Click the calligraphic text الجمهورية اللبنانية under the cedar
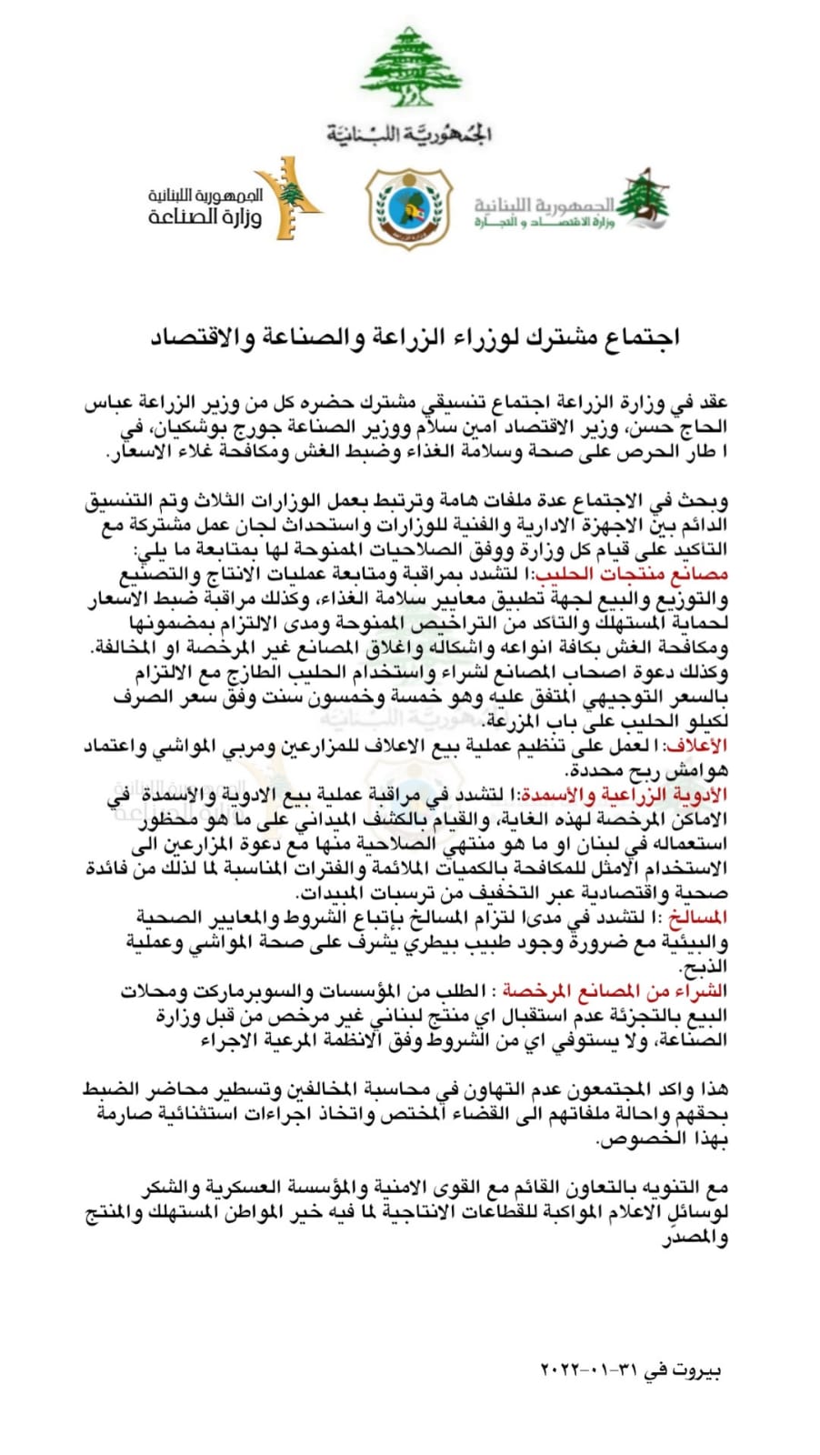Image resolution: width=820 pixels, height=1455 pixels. pyautogui.click(x=410, y=134)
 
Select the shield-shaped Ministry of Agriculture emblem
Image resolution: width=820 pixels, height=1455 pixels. pyautogui.click(x=409, y=207)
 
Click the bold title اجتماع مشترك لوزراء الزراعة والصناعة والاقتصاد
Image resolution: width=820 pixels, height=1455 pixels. pyautogui.click(x=415, y=337)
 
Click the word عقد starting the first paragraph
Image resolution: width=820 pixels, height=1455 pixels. pyautogui.click(x=712, y=403)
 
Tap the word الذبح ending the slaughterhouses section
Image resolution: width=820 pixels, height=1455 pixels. pyautogui.click(x=705, y=967)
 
